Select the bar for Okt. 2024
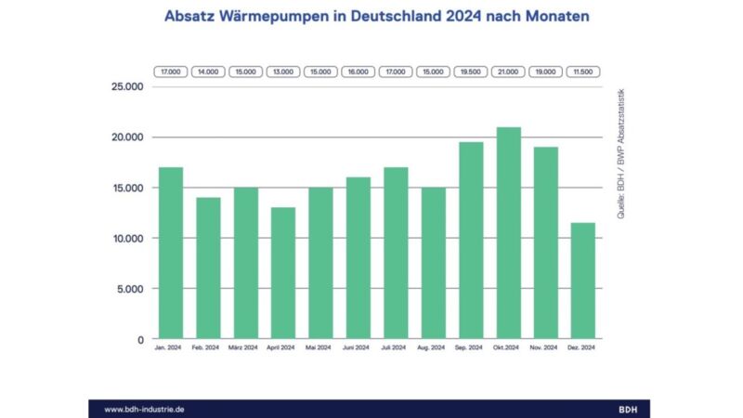[x=507, y=233]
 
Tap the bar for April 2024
[x=282, y=273]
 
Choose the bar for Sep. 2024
[x=470, y=241]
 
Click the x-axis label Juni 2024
[x=358, y=347]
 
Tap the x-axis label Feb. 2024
[x=207, y=347]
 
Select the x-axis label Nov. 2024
[x=544, y=347]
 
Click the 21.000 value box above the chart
[x=507, y=71]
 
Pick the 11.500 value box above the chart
[x=582, y=71]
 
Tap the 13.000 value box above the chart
[x=282, y=71]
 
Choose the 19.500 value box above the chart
[x=470, y=71]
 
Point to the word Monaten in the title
[x=543, y=17]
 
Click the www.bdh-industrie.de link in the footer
[x=145, y=409]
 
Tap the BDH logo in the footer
[x=629, y=409]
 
